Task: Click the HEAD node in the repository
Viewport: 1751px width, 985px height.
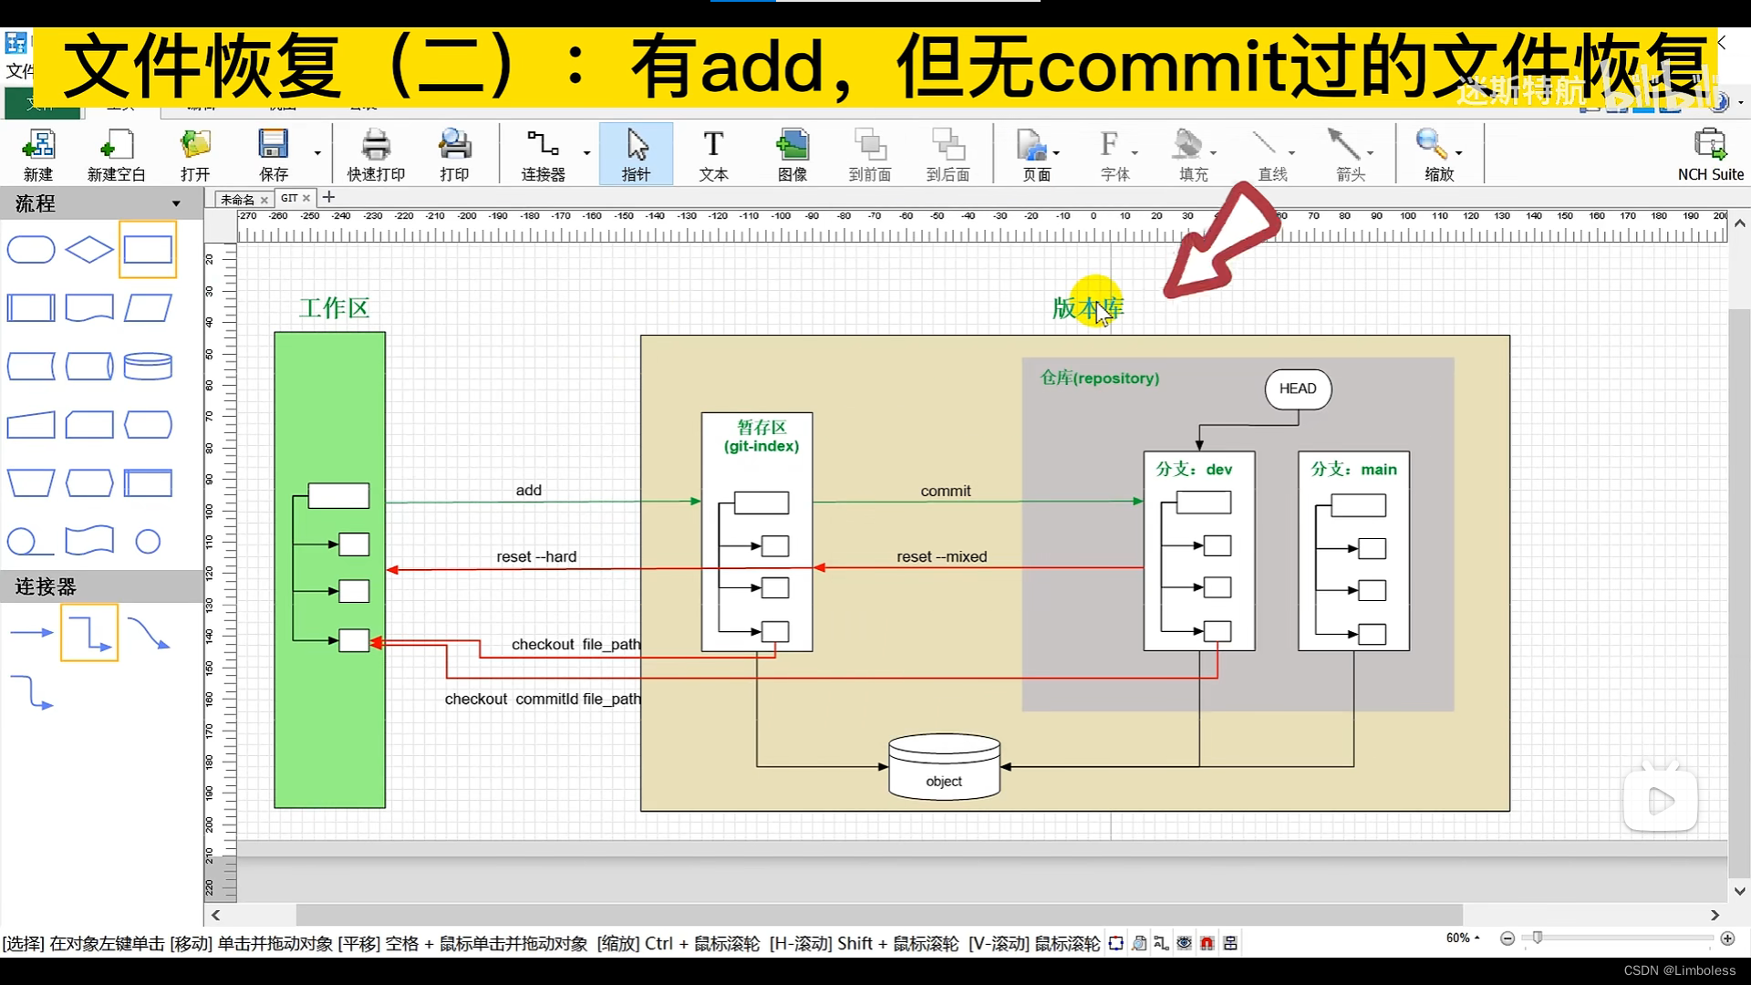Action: pos(1297,389)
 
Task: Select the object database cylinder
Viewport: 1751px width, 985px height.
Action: pos(944,768)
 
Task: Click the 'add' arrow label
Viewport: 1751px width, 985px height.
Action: pos(528,491)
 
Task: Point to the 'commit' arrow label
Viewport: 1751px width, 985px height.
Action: pos(945,491)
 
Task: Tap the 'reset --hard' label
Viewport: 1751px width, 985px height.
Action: pos(536,557)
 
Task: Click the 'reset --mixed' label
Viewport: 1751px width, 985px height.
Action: pos(941,557)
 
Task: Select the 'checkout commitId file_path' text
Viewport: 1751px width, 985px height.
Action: pos(543,700)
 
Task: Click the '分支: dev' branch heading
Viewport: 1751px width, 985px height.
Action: pos(1194,470)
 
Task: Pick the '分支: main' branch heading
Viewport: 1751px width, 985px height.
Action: pos(1353,470)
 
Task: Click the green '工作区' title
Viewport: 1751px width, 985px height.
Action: pos(334,308)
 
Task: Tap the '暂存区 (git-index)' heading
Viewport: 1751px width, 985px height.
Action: pos(762,436)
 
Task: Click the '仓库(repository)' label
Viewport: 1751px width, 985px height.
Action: pos(1100,378)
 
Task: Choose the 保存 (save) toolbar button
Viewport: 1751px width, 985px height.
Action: pos(273,154)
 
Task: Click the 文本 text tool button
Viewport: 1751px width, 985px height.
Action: pos(713,154)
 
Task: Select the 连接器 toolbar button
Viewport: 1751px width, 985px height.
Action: pos(543,154)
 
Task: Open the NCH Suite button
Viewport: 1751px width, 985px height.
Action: pos(1710,154)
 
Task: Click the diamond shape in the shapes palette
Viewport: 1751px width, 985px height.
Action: pos(89,249)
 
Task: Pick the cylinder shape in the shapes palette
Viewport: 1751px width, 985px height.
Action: pos(148,366)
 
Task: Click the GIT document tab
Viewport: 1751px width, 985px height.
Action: pos(290,198)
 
